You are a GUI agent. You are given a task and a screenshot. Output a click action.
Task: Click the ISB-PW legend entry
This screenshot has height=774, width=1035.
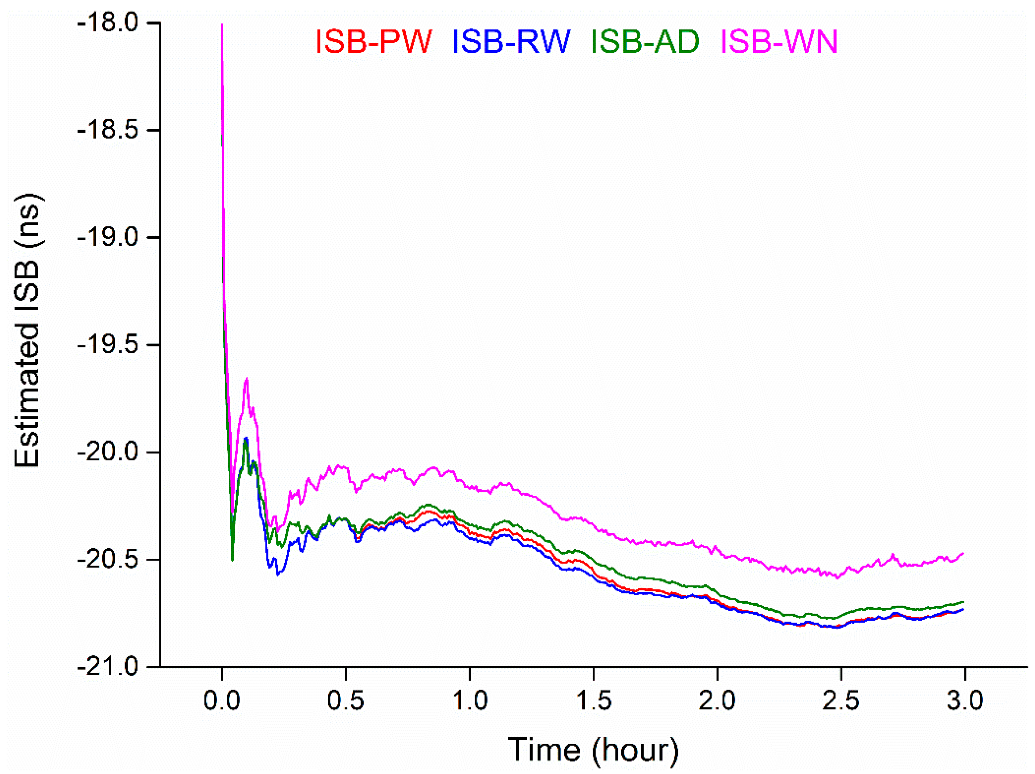373,41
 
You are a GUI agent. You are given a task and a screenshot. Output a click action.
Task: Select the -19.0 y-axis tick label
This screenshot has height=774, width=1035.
108,237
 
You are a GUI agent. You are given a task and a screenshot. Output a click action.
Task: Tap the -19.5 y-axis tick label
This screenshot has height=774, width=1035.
108,345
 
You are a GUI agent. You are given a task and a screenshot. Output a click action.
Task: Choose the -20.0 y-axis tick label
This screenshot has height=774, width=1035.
108,452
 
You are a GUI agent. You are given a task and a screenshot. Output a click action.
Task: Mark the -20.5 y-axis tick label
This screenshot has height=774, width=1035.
108,560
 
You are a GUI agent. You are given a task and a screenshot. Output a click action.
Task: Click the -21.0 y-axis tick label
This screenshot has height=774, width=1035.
108,667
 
